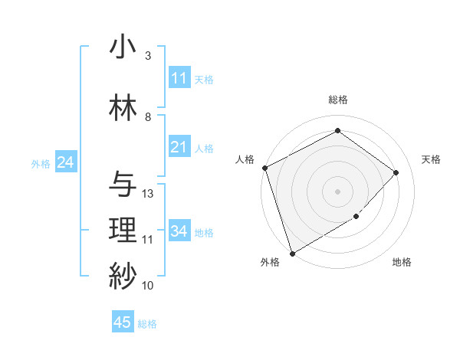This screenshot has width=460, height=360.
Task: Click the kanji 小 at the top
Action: pos(123,47)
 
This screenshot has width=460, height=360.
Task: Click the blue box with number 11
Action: pos(179,78)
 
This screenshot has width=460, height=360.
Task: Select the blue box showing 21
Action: pos(179,147)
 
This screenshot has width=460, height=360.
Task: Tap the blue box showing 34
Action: pos(179,231)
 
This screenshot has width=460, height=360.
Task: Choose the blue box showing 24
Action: pos(66,162)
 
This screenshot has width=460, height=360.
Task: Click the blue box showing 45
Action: pos(123,322)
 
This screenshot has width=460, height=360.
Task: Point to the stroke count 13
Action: pos(148,194)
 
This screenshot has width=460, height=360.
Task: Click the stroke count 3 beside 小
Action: pos(148,56)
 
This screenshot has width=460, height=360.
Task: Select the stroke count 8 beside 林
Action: pos(148,117)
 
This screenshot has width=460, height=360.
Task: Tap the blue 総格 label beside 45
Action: pos(147,324)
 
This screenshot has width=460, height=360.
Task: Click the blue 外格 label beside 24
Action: pos(41,163)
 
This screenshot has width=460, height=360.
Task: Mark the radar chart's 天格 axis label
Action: pos(431,159)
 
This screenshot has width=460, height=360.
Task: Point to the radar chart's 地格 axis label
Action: pos(402,262)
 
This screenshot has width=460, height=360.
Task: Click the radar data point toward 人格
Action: pos(264,168)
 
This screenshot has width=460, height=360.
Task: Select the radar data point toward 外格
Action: pos(292,253)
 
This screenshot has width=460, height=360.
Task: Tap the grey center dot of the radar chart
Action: pos(337,191)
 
